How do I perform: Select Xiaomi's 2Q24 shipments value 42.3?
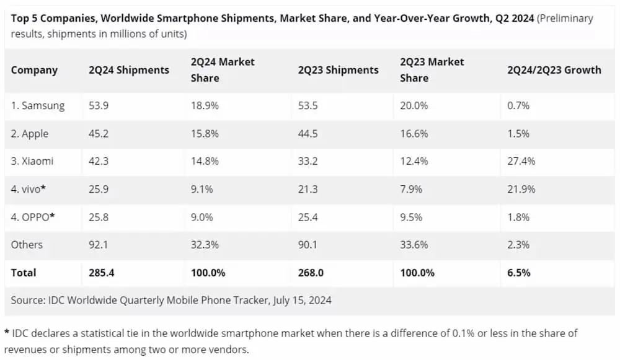[99, 161]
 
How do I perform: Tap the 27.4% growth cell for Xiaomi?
[521, 161]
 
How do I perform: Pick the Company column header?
[34, 70]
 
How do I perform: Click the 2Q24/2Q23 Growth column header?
[554, 70]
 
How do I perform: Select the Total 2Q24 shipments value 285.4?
[102, 273]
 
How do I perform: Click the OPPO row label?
[33, 217]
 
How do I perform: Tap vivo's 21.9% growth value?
[521, 189]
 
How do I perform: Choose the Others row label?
[27, 245]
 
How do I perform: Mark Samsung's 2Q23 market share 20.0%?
[414, 106]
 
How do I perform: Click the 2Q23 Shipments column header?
[338, 70]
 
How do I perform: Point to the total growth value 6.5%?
[518, 273]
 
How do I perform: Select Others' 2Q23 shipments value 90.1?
[308, 245]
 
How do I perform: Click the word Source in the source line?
[28, 301]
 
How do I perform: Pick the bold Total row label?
[24, 273]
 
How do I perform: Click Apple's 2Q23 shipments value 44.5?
[308, 134]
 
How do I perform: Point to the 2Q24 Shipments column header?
[128, 70]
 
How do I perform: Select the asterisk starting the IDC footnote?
[6, 333]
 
